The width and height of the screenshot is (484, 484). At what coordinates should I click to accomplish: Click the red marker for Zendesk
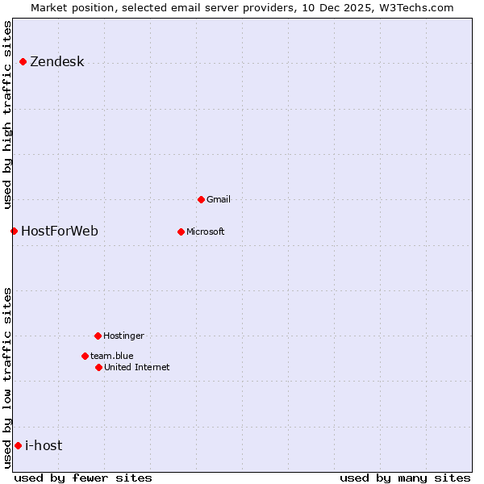23,62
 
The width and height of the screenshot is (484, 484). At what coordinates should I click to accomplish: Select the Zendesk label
57,62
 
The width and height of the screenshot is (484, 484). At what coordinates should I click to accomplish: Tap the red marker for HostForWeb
14,232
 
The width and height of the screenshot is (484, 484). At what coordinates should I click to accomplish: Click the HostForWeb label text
60,232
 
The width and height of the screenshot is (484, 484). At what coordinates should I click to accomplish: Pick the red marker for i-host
18,445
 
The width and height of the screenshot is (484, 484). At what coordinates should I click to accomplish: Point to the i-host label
44,445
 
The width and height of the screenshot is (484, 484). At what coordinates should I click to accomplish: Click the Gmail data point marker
201,199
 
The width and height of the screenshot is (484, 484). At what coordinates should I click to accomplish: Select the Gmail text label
219,199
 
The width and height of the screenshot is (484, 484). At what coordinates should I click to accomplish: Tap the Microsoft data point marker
181,232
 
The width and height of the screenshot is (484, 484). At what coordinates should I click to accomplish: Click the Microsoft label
206,232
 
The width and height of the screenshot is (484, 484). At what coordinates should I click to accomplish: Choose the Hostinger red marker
98,336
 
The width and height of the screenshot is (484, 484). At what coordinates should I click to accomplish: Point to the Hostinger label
123,336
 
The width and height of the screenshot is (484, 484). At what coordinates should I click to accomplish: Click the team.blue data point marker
85,356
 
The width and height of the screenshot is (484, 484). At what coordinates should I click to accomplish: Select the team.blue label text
112,356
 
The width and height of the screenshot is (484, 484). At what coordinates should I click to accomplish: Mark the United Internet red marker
98,367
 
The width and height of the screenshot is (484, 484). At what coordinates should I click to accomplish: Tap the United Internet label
137,367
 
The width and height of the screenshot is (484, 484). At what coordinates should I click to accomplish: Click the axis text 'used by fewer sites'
83,478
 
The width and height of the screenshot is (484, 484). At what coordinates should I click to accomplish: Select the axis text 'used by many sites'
405,478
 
